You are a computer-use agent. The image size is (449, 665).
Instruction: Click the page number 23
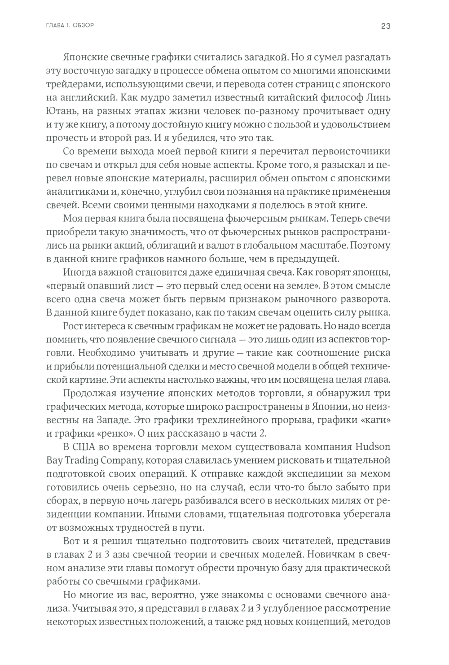[x=386, y=26]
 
